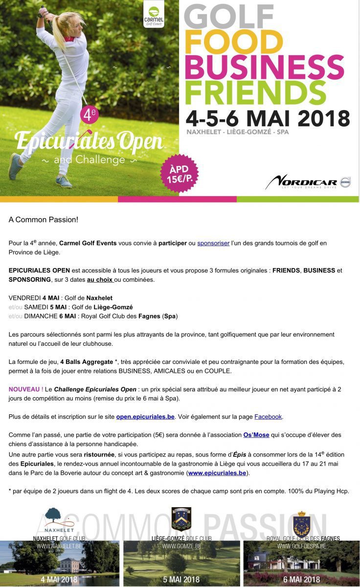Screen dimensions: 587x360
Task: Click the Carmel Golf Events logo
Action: tap(154, 15)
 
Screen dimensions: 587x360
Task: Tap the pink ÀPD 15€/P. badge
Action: tap(180, 173)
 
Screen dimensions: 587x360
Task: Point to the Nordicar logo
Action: tap(308, 182)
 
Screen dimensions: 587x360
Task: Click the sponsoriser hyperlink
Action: tap(213, 243)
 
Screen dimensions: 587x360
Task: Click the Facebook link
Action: tap(268, 417)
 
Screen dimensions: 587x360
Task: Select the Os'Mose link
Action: tap(256, 435)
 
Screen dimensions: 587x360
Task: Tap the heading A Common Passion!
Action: tap(43, 220)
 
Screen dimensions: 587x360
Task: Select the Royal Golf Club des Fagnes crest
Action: tap(301, 523)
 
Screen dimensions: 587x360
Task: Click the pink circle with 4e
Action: tap(90, 115)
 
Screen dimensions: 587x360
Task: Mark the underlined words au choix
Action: tap(100, 280)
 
